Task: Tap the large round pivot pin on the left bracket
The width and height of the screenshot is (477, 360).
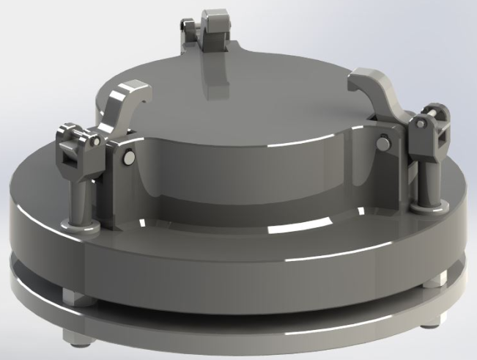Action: pyautogui.click(x=130, y=156)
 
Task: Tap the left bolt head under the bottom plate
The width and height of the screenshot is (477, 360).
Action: pyautogui.click(x=76, y=339)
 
